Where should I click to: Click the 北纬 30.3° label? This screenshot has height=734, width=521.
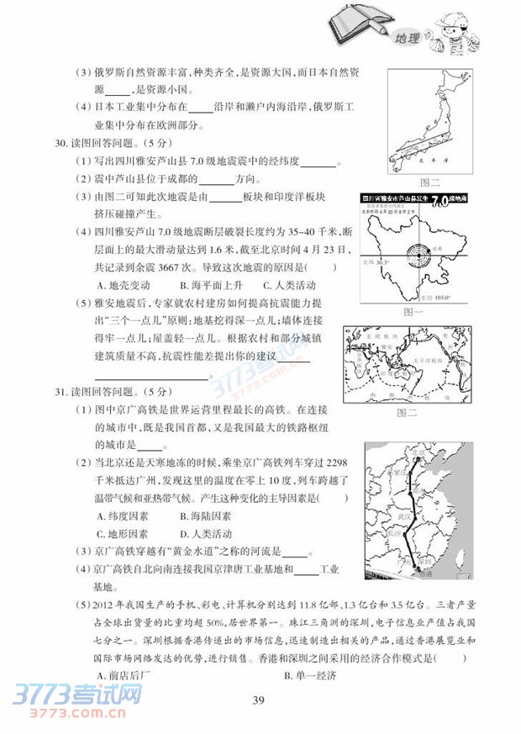tap(375, 262)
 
